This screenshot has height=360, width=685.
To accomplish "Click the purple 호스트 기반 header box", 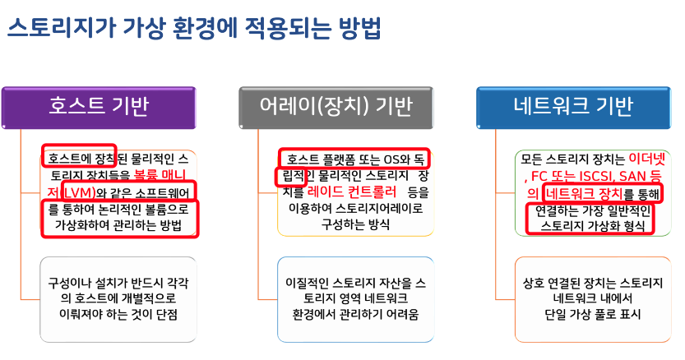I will click(x=100, y=106).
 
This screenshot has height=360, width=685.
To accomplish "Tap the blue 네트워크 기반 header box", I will click(x=573, y=106).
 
